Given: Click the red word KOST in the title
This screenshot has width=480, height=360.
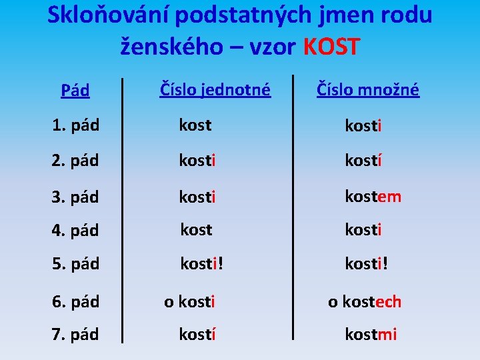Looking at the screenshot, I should coord(331,47).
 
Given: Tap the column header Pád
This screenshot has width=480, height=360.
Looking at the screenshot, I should coord(75,91).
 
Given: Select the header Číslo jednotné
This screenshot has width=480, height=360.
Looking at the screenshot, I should coord(215,89).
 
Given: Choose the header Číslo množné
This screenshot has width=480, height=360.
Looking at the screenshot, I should coord(368,89).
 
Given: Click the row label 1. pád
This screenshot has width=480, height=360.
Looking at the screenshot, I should coord(75,125).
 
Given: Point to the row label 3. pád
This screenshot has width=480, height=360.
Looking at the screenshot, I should coord(75,197).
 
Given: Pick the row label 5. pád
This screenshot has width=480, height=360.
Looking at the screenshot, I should coord(75,264).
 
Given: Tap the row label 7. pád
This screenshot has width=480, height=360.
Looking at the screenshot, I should coord(75,334).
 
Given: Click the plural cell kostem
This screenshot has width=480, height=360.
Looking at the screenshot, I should coord(373,196).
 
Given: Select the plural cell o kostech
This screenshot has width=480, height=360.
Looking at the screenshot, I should coord(365,302).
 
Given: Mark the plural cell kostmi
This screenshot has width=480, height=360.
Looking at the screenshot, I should coord(371,334).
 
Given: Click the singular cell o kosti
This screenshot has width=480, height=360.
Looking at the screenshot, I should coord(189,302).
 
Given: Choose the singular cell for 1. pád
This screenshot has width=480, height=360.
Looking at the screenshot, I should coord(195,125).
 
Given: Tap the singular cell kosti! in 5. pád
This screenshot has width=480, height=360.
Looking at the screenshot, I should coord(202,264).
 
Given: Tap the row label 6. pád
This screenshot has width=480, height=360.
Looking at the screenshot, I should coord(75,302).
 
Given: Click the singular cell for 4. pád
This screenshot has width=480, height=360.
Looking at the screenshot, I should coord(196,230).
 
